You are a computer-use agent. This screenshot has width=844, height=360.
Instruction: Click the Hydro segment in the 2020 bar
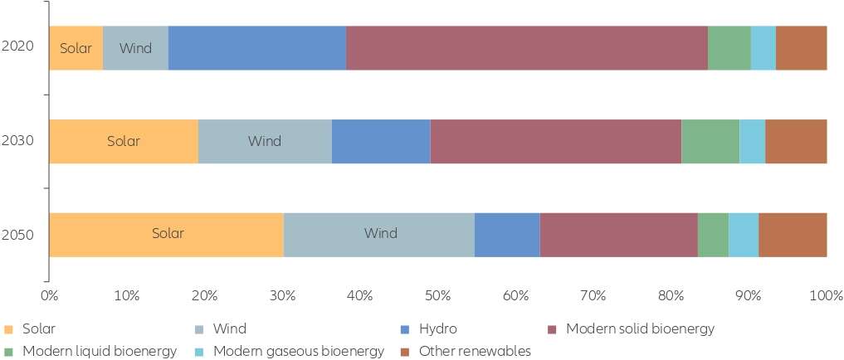click(257, 48)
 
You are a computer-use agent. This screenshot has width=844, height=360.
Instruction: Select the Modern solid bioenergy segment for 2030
click(556, 142)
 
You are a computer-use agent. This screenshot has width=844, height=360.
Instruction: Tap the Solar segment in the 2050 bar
click(166, 235)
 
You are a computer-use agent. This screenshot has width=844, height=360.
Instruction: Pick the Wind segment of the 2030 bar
click(265, 142)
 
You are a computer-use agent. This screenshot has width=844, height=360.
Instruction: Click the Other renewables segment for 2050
click(793, 235)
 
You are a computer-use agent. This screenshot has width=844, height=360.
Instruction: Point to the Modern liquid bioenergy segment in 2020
click(729, 48)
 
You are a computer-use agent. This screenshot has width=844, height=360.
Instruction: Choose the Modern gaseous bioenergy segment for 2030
click(753, 142)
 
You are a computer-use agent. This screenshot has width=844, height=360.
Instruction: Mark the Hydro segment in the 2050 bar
click(507, 235)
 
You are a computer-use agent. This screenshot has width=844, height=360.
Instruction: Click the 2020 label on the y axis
click(17, 46)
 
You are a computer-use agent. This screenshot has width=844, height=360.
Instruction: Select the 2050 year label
click(17, 235)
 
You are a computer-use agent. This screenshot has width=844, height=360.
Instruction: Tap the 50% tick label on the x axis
click(437, 295)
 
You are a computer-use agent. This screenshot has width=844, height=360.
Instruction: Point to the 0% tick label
click(49, 295)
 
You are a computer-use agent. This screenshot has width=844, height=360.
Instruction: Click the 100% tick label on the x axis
click(827, 295)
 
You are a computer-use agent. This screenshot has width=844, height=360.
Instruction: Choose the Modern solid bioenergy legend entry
click(631, 328)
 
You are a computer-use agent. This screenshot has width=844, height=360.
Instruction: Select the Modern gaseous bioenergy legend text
click(299, 352)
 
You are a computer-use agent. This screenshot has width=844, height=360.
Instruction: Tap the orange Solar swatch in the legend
click(7, 328)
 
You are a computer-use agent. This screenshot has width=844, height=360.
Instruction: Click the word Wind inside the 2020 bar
click(135, 48)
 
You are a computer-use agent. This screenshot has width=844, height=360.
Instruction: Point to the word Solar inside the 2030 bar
click(124, 142)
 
